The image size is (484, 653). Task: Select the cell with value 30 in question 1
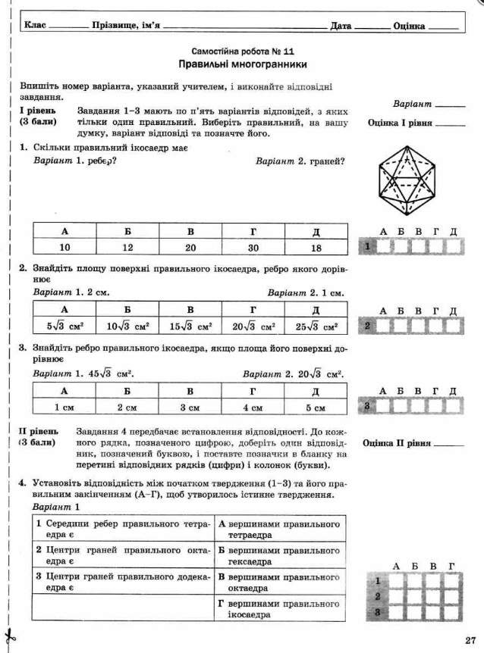(x=253, y=248)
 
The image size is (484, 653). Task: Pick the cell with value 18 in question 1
(x=316, y=248)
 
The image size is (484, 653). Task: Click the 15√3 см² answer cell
(x=190, y=326)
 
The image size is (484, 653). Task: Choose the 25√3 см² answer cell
(x=316, y=326)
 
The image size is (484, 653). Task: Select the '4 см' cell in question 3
(x=253, y=408)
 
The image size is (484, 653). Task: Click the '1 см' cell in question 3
(x=64, y=408)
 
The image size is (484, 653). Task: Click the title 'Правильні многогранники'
(x=242, y=65)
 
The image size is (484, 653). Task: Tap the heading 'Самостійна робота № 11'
(x=242, y=51)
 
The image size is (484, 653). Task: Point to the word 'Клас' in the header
(x=35, y=26)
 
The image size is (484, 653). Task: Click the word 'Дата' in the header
(x=341, y=27)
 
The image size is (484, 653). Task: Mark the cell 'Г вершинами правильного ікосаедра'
(x=279, y=609)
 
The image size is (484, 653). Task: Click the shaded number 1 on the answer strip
(x=366, y=246)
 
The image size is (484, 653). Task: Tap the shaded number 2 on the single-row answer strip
(x=366, y=326)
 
